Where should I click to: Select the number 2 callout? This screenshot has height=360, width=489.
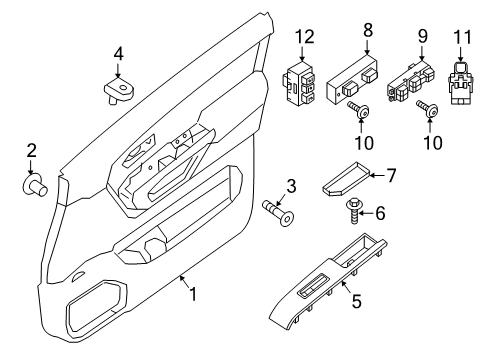coord(31,151)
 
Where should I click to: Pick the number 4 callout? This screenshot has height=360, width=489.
coord(118,54)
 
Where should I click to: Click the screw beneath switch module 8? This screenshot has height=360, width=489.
coord(356,111)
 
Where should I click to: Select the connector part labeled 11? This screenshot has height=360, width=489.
coord(463,84)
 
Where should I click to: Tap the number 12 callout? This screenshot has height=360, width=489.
coord(303,38)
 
